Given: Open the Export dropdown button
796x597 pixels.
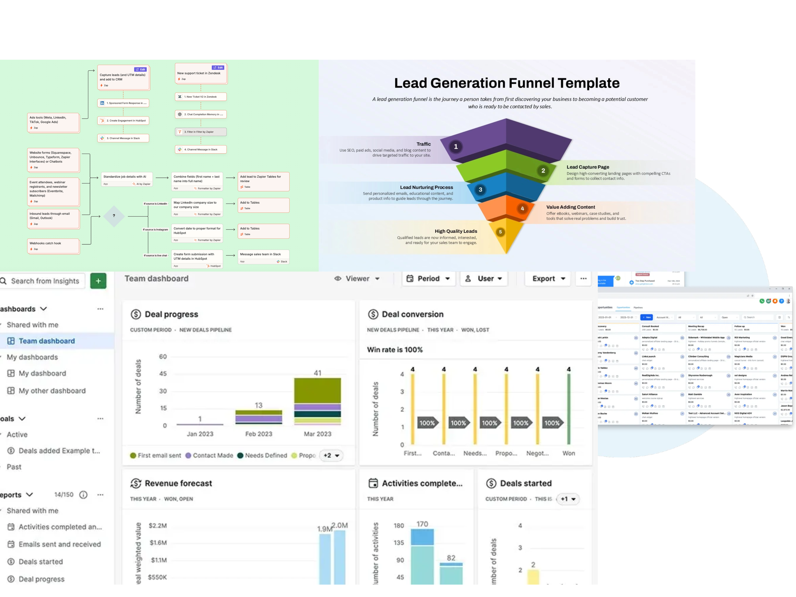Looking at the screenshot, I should point(548,278).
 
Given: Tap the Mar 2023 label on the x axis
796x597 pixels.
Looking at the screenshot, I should point(317,434).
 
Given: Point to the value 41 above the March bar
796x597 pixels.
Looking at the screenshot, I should point(317,373).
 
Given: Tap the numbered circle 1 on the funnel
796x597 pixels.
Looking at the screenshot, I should point(456,146).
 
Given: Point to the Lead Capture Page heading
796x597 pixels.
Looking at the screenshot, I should point(588,167).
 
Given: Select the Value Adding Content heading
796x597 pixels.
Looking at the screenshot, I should point(570,207).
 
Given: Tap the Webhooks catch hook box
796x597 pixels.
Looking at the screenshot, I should point(53,246).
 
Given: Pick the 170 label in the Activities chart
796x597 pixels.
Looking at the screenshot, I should point(422,524).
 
